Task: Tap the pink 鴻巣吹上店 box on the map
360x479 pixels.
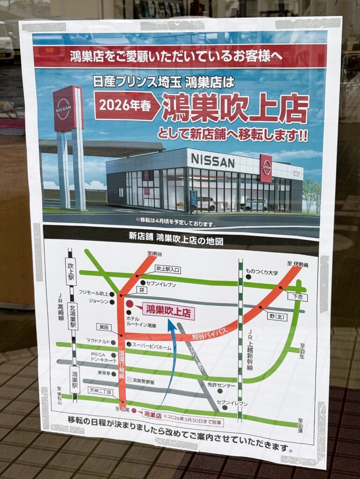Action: [x=168, y=310]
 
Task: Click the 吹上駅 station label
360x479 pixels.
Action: [x=71, y=272]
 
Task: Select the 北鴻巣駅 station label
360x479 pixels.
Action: [x=73, y=317]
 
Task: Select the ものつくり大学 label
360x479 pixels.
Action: [x=262, y=272]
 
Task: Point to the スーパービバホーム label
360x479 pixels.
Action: [x=152, y=347]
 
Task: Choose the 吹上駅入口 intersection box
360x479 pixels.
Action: [x=168, y=269]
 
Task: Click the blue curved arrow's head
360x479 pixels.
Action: [x=173, y=323]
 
